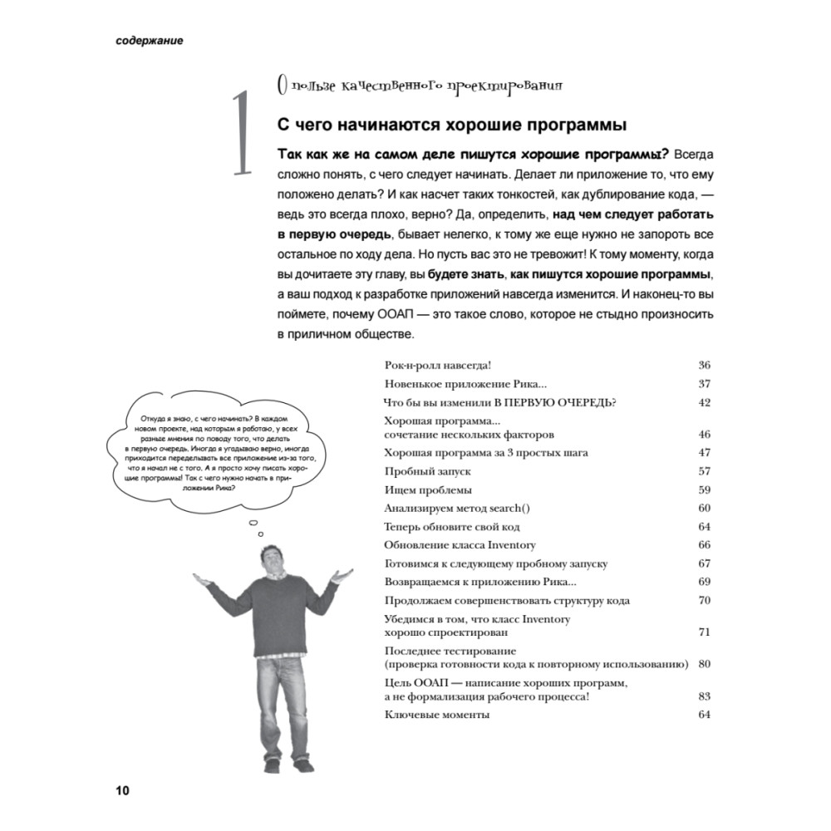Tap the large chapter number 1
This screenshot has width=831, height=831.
[240, 133]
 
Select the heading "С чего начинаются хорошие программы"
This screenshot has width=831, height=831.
[450, 125]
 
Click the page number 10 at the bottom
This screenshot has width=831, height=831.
[121, 789]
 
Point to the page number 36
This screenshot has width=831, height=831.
[704, 366]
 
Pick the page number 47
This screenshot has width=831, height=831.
[704, 453]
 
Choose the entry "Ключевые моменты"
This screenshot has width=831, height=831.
[436, 715]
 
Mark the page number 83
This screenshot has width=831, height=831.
[704, 696]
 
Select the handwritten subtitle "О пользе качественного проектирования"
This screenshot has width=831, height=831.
[419, 86]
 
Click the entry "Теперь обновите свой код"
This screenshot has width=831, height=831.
[453, 527]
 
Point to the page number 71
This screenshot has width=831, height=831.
[704, 632]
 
